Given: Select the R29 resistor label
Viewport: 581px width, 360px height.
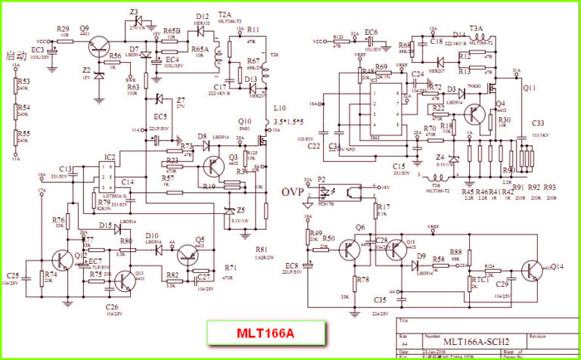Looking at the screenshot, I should point(64,28).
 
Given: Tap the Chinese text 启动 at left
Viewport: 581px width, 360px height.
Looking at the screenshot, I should point(17,55).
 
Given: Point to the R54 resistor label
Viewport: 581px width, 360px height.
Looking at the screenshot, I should point(24,107).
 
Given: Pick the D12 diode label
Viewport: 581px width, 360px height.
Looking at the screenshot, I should point(202,16).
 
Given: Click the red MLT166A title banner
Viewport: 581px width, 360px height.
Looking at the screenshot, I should point(266,333).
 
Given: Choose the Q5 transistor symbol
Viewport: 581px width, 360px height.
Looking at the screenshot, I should point(197,257).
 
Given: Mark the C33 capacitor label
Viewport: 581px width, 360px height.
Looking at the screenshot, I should point(538,123).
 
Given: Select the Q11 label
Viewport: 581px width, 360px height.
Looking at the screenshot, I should point(530,88).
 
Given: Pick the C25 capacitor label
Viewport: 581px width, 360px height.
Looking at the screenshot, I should point(14,275).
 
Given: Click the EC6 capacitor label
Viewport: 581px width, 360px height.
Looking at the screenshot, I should point(371,32).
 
